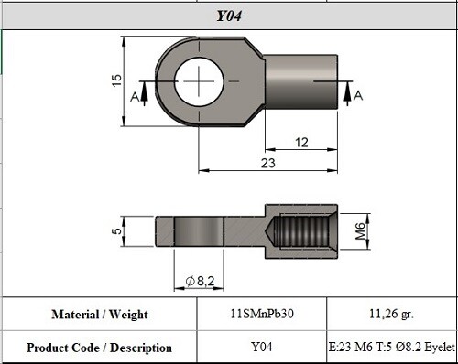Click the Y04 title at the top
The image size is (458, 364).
click(228, 16)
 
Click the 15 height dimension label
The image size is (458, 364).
click(116, 81)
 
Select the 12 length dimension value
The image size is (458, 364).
click(301, 142)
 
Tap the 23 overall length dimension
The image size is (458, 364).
click(268, 162)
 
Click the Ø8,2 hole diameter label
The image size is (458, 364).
click(199, 280)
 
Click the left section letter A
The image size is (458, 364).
click(136, 96)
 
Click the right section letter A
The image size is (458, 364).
click(358, 95)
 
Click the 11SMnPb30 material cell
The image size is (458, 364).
click(262, 314)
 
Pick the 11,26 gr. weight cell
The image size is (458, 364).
click(391, 314)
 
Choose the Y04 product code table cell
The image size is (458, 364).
click(262, 348)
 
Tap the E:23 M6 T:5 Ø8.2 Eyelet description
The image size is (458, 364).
click(391, 348)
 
